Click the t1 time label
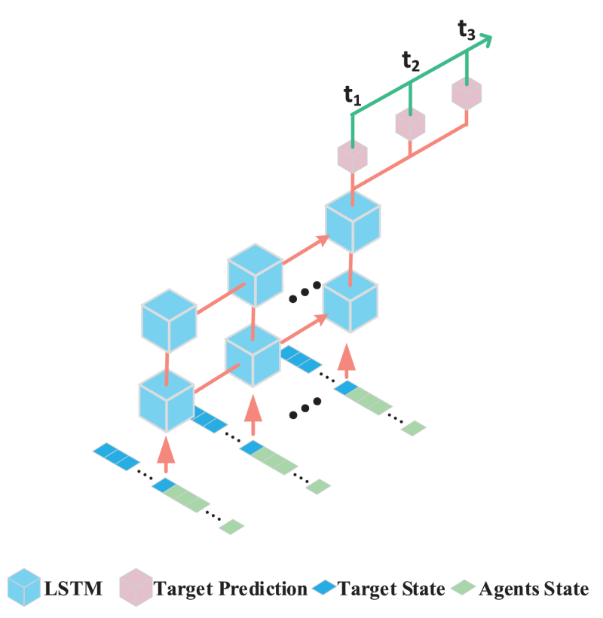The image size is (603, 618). click(x=352, y=95)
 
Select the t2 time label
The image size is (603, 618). click(x=411, y=63)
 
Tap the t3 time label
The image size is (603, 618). click(x=467, y=30)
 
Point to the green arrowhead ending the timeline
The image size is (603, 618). click(x=486, y=39)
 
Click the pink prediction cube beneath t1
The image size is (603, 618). click(x=352, y=156)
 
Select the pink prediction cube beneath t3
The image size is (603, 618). click(x=467, y=93)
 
